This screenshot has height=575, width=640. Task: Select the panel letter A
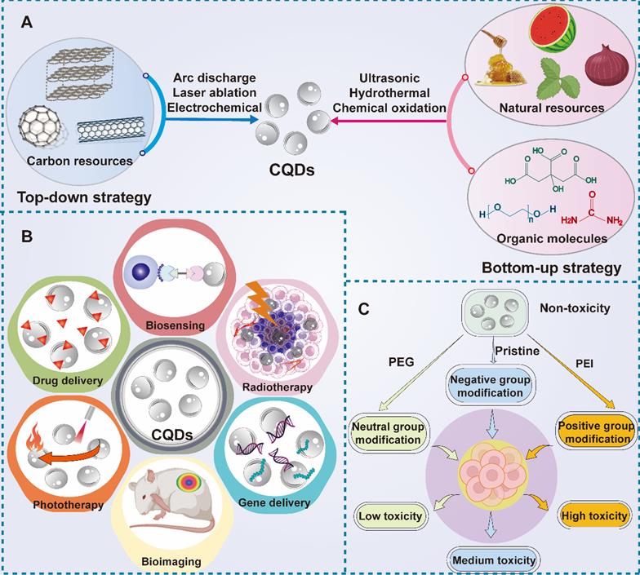point(27,24)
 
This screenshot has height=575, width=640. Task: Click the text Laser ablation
point(215,93)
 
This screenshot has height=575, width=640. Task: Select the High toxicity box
point(595,515)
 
